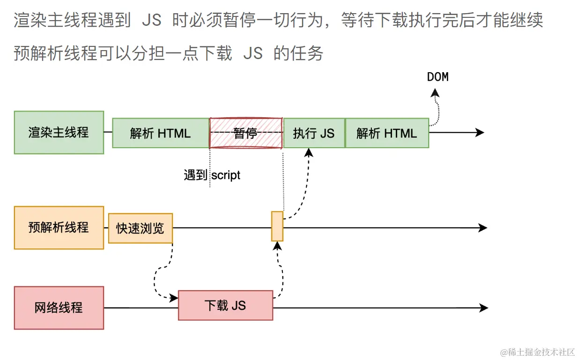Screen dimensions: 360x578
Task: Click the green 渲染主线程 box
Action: [x=59, y=133]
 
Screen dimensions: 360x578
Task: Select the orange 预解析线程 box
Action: [x=59, y=228]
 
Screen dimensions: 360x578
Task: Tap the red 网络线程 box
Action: [x=59, y=308]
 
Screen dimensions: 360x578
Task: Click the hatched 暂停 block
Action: [x=245, y=133]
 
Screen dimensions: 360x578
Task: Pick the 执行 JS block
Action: [x=314, y=133]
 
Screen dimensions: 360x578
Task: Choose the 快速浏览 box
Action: [x=140, y=228]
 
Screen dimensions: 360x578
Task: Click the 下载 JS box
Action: [x=225, y=306]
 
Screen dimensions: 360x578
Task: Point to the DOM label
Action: [x=437, y=77]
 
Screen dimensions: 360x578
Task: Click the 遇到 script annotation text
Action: [x=212, y=175]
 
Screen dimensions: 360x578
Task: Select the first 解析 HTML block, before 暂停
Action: [x=160, y=133]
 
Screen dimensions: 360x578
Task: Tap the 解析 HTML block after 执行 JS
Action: [x=386, y=133]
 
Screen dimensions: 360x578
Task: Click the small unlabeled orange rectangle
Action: [x=277, y=226]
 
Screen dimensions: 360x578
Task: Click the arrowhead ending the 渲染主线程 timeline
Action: [x=479, y=133]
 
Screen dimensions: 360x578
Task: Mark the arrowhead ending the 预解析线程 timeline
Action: [x=482, y=228]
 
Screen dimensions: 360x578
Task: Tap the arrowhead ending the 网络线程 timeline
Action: [x=483, y=308]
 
